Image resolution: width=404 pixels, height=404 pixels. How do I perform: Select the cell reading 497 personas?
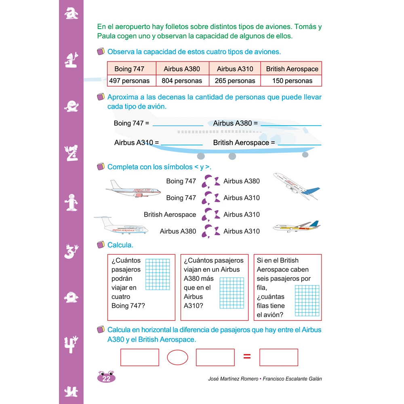click(129, 81)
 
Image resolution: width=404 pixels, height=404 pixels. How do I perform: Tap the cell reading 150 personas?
click(292, 81)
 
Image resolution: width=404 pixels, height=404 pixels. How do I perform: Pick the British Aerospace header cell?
click(292, 69)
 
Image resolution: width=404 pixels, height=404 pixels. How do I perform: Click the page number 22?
click(106, 379)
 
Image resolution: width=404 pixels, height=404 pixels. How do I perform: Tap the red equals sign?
click(247, 357)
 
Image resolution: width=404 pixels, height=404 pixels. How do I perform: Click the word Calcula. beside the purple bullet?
click(120, 245)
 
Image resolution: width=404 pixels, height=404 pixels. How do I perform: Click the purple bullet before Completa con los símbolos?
click(101, 167)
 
